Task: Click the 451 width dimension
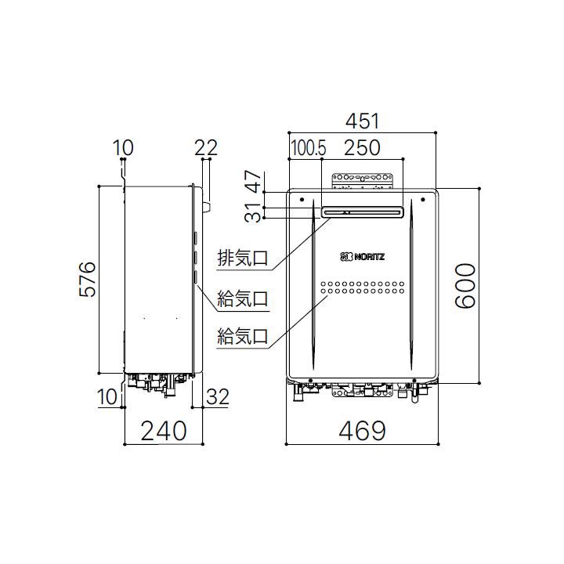(362, 122)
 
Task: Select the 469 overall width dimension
(362, 430)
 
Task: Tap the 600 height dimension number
(466, 287)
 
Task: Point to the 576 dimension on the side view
(87, 279)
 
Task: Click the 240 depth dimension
(163, 430)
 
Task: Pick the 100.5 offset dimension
(305, 147)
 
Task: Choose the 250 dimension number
(361, 147)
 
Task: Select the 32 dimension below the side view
(217, 397)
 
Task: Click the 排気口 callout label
(243, 258)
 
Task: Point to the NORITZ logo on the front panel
(362, 256)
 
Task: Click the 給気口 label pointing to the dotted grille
(243, 337)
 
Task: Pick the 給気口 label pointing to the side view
(243, 298)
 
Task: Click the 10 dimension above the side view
(123, 147)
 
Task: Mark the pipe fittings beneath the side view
(160, 381)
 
